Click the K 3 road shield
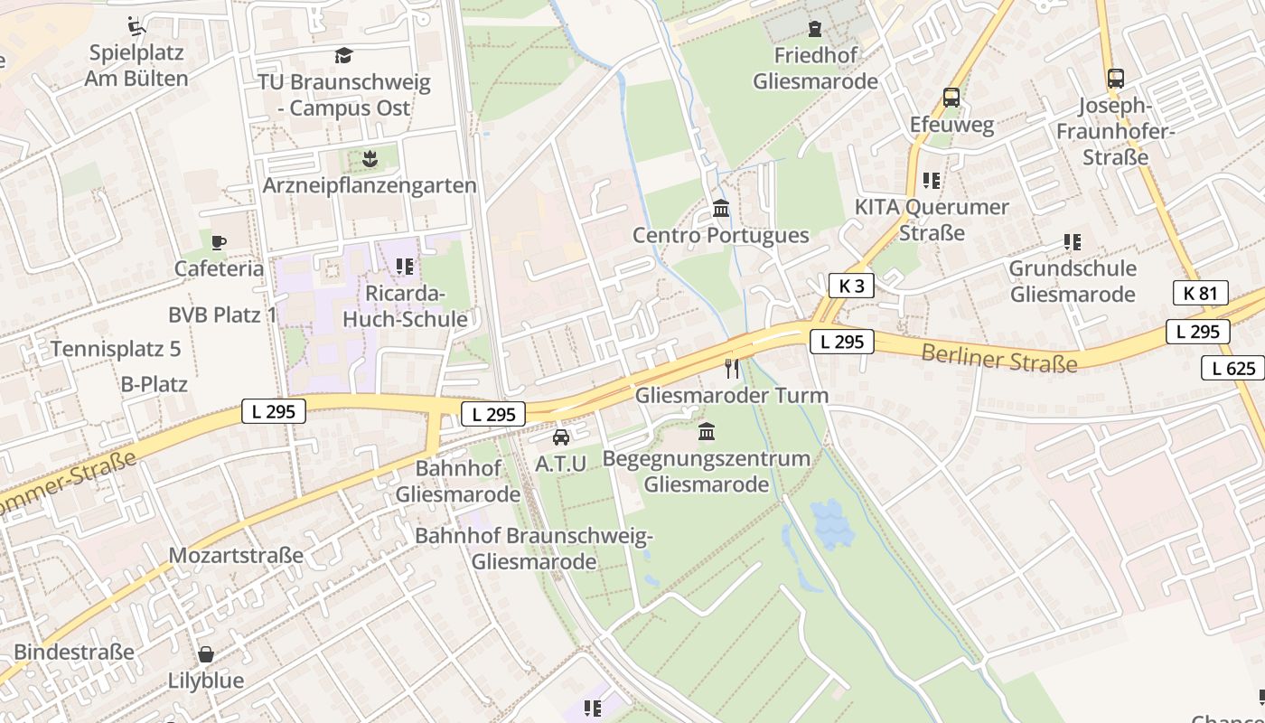point(851,286)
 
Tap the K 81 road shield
point(1200,293)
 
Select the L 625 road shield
point(1233,368)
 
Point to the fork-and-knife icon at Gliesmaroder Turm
point(732,368)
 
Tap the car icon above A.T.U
point(561,437)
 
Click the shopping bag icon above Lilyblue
point(206,653)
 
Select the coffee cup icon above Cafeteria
point(219,241)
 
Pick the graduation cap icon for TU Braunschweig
point(343,56)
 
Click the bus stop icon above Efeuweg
point(951,98)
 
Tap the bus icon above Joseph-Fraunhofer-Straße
point(1116,79)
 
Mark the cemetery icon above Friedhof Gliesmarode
point(816,29)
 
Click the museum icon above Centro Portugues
point(721,209)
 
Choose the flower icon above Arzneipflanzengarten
point(369,160)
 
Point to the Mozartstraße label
point(236,555)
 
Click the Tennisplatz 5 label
point(116,349)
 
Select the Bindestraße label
point(74,652)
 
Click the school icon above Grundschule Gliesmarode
point(1073,242)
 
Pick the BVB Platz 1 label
point(222,315)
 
